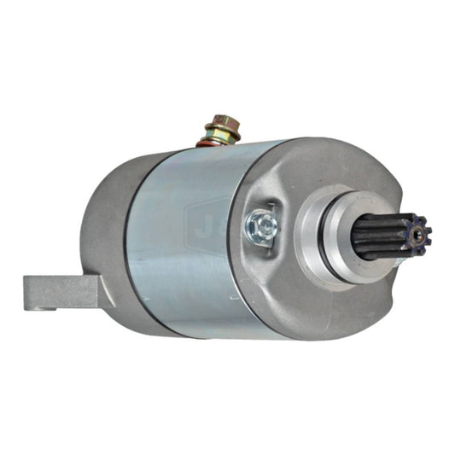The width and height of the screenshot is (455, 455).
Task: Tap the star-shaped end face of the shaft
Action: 418,231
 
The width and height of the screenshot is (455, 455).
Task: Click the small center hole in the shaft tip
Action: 419,231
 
